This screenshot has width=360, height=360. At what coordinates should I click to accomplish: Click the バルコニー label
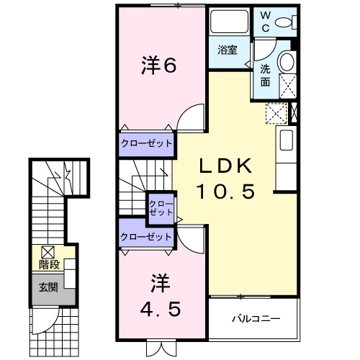[255, 318]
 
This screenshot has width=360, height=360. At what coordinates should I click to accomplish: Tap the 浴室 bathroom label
[229, 50]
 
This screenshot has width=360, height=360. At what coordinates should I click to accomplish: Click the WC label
[264, 21]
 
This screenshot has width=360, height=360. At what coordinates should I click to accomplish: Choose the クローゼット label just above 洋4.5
[147, 235]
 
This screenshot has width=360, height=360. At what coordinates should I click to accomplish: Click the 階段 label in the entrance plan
[48, 264]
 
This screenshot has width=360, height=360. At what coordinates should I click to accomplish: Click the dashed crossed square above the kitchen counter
[276, 113]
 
